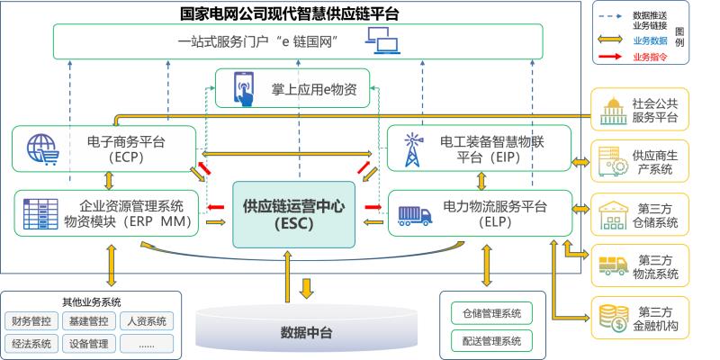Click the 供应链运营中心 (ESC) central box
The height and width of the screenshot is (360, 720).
click(285, 214)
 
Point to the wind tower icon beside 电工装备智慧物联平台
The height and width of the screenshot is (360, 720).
click(413, 148)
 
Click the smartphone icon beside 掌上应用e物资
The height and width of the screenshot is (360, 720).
click(243, 87)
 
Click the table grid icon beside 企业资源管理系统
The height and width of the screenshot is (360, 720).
click(40, 213)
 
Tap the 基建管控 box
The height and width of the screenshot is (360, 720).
click(88, 320)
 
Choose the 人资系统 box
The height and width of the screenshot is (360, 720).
click(145, 320)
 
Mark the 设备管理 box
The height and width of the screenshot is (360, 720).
click(88, 343)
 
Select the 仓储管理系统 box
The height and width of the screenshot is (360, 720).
click(491, 313)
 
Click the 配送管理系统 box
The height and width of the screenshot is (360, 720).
click(491, 340)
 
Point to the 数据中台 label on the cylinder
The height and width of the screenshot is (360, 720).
click(307, 333)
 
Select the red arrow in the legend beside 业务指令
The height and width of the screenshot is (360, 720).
click(609, 57)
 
